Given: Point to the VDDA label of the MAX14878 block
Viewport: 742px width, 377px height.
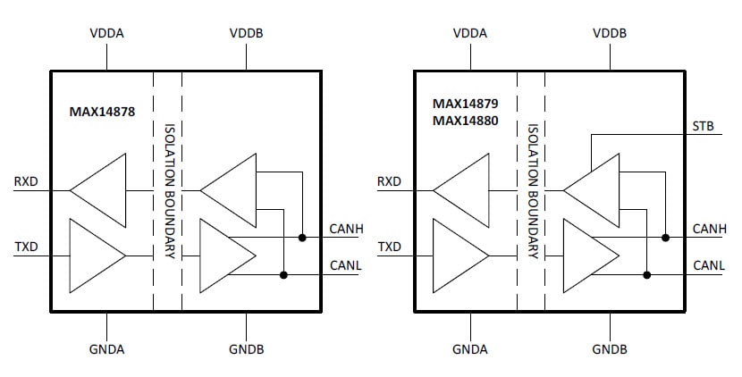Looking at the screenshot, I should [106, 33].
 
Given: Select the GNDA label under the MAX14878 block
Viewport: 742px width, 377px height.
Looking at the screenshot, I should [106, 348].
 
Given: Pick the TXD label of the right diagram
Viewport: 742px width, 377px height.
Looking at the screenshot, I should [389, 247].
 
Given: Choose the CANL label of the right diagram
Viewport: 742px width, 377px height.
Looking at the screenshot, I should [709, 265].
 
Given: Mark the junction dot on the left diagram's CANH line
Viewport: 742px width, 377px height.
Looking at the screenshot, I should [303, 238].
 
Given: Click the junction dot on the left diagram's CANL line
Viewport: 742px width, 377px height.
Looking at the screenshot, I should [283, 274].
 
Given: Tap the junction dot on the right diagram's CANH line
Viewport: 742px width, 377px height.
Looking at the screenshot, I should [666, 238].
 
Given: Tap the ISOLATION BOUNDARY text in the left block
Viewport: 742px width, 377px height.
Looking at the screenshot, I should [168, 189].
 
